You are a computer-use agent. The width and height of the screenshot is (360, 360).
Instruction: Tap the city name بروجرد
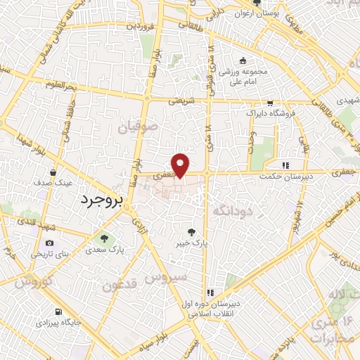pos(98,200)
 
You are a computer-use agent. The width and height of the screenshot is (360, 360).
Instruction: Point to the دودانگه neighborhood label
pos(230,210)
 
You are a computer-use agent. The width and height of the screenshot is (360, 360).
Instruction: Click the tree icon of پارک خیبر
pos(191,231)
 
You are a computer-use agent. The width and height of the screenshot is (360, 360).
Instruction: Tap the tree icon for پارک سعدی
pos(105,238)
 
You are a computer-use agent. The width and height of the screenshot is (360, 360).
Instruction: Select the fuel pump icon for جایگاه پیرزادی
pos(58,311)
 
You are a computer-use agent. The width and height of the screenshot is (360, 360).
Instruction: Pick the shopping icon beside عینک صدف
pos(53,172)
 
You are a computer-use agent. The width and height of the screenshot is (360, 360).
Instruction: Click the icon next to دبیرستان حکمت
pos(285,166)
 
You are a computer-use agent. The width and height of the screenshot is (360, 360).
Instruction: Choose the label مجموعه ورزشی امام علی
pos(242,77)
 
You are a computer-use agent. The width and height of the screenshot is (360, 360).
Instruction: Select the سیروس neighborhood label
pos(166,277)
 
